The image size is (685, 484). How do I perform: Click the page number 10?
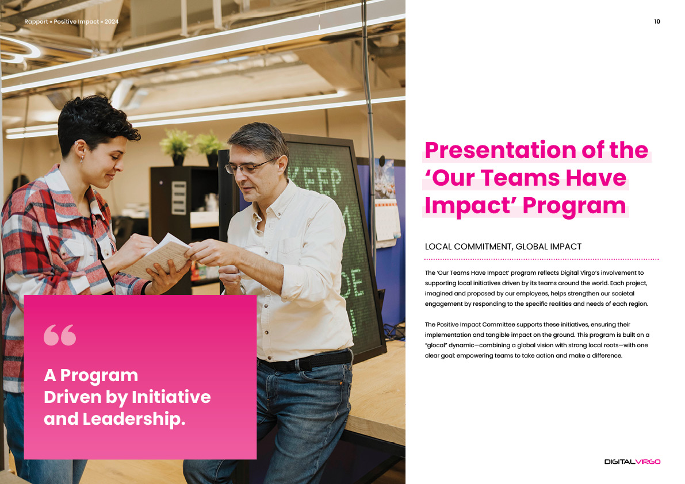coord(657,21)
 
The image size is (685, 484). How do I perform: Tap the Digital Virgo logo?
coord(632,462)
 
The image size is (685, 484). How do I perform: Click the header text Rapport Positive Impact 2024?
coord(71,21)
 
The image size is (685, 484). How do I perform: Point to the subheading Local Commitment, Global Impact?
coord(503,247)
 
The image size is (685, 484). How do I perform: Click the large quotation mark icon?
coord(60,335)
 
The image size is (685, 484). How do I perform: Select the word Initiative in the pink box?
coord(171,397)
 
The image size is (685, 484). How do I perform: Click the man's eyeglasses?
coord(249,166)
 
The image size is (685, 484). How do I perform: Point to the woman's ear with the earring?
coord(81,151)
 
